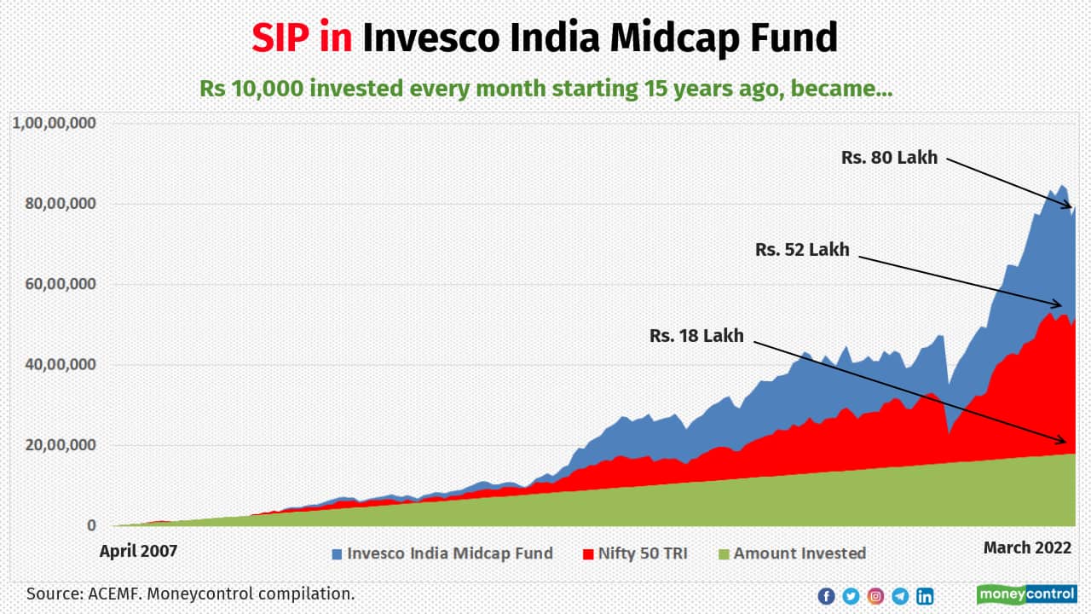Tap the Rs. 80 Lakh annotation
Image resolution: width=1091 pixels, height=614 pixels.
889,158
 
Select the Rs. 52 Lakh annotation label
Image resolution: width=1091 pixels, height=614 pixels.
802,250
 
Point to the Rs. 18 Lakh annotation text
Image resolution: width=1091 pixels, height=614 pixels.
696,336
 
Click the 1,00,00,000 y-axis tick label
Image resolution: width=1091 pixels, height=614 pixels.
55,123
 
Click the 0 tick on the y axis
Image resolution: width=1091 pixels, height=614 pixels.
91,526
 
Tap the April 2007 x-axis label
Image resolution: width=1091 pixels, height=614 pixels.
138,550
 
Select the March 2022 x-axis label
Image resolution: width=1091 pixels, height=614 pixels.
1027,547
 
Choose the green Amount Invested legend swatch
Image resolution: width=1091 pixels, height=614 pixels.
723,554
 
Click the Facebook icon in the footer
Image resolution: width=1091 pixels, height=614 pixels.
826,596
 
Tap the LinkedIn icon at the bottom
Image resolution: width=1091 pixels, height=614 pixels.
925,596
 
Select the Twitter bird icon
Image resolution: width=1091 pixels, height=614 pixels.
851,596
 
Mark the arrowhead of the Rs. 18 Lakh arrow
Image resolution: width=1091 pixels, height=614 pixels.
1065,442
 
